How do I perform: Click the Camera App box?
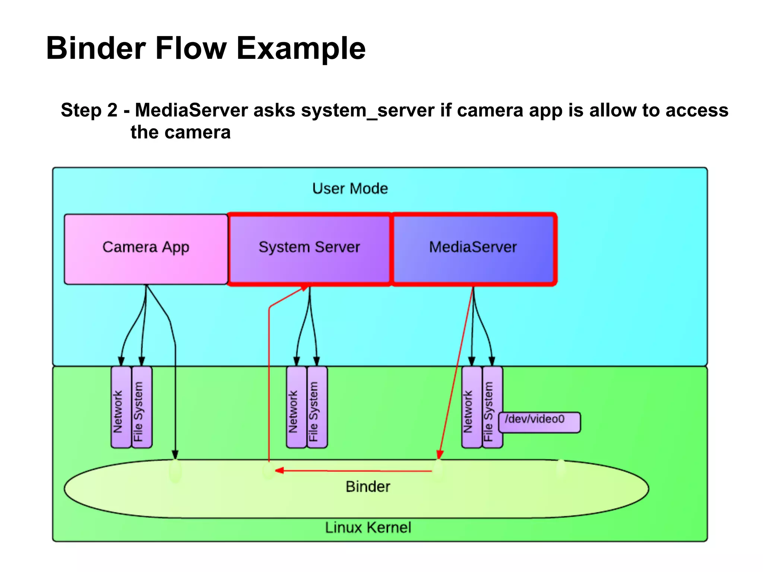[146, 249]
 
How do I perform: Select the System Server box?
[309, 249]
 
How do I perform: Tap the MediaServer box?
[473, 249]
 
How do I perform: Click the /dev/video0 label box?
[539, 422]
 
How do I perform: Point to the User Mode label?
[350, 188]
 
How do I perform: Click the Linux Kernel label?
[368, 527]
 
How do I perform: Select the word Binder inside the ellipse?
[368, 486]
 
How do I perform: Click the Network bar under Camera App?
[121, 407]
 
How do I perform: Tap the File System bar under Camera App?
[142, 407]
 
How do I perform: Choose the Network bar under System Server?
[296, 407]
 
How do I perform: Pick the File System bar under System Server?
[317, 407]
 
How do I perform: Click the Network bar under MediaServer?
[472, 407]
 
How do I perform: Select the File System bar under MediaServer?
[492, 407]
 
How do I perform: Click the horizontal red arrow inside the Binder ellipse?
[354, 471]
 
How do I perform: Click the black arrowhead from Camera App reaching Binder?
[175, 454]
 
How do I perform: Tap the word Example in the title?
[301, 48]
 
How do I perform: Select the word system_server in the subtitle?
[368, 110]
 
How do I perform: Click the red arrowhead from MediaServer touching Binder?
[440, 454]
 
